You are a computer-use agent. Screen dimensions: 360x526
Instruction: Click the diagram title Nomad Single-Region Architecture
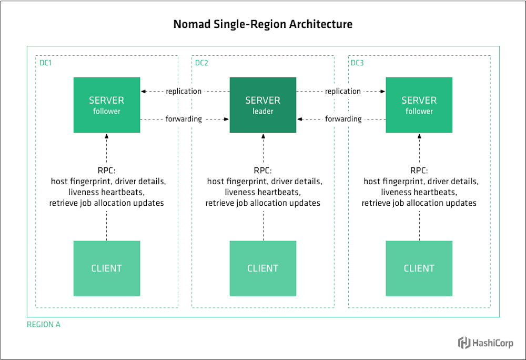tap(263, 24)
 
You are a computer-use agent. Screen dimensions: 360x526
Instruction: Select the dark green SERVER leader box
tap(263, 105)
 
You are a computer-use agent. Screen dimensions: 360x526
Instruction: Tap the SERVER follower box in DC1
tap(107, 105)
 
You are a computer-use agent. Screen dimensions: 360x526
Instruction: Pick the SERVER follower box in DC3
tap(419, 105)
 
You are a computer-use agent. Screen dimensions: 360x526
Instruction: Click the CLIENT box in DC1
tap(107, 268)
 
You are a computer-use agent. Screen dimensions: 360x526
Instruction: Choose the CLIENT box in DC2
tap(263, 268)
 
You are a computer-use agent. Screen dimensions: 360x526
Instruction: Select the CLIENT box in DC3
tap(419, 268)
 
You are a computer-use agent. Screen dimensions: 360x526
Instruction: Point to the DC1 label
tap(46, 63)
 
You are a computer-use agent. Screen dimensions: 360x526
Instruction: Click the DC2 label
tap(201, 63)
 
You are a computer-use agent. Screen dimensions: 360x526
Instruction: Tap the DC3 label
tap(357, 63)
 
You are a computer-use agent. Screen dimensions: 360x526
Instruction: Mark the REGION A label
tap(44, 325)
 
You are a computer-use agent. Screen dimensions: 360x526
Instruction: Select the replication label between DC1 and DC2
tap(184, 91)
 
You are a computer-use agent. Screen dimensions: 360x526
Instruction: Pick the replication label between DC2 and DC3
tap(343, 91)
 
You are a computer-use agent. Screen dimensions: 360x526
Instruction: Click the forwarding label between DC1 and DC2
tap(184, 119)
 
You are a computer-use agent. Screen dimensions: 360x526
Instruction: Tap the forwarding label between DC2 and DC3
tap(343, 119)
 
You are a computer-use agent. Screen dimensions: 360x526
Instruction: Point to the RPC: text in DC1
tap(107, 171)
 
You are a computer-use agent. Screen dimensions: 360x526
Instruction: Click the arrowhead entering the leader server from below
tap(263, 135)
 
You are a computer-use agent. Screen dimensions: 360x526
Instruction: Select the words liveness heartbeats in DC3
tap(419, 192)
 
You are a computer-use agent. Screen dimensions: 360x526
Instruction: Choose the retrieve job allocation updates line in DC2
tap(263, 203)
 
